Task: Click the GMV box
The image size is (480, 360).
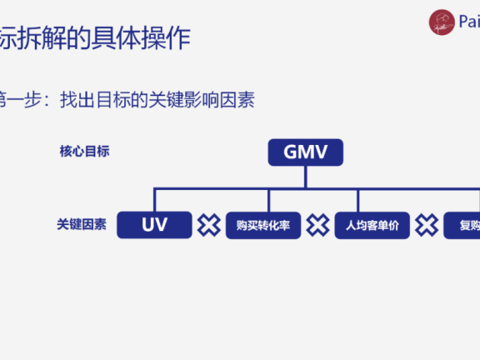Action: (305, 152)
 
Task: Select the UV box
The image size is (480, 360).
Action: (154, 225)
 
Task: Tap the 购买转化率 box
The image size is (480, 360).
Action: (262, 225)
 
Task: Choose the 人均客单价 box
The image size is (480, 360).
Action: (372, 225)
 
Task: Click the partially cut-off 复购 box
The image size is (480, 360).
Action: (462, 225)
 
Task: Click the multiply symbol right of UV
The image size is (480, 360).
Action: (208, 225)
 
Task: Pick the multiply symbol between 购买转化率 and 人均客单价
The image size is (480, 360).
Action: (317, 225)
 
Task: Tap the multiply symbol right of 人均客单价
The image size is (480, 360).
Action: (427, 225)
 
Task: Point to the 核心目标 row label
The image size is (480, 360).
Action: (84, 152)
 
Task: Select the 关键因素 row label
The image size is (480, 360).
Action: (82, 225)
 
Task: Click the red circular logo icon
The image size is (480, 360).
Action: (442, 22)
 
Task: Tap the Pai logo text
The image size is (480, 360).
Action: (467, 22)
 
